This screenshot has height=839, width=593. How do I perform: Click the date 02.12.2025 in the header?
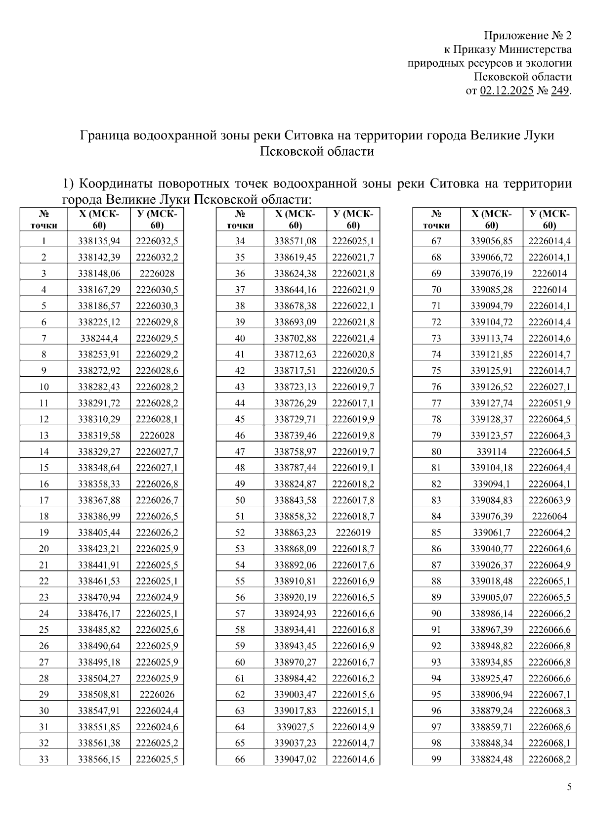coord(507,91)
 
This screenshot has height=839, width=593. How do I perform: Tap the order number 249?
coord(559,91)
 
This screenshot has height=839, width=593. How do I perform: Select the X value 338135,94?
coord(99,241)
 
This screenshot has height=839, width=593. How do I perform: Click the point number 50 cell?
coord(240,500)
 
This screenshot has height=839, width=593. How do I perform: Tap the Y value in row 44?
coord(353,403)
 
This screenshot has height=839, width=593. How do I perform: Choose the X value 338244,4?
coord(99,339)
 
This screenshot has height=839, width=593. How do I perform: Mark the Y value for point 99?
coord(549,759)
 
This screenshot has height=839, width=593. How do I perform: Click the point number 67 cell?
coord(436,241)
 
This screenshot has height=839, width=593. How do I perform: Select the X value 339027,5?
coord(295,727)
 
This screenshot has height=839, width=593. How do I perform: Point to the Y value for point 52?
coord(353,533)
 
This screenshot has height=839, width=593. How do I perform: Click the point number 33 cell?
coord(43,759)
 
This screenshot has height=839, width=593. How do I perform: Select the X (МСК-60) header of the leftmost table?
coord(99,220)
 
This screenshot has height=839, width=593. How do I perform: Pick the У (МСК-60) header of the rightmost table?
coord(549,220)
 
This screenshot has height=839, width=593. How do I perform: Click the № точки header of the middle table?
coord(240,220)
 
